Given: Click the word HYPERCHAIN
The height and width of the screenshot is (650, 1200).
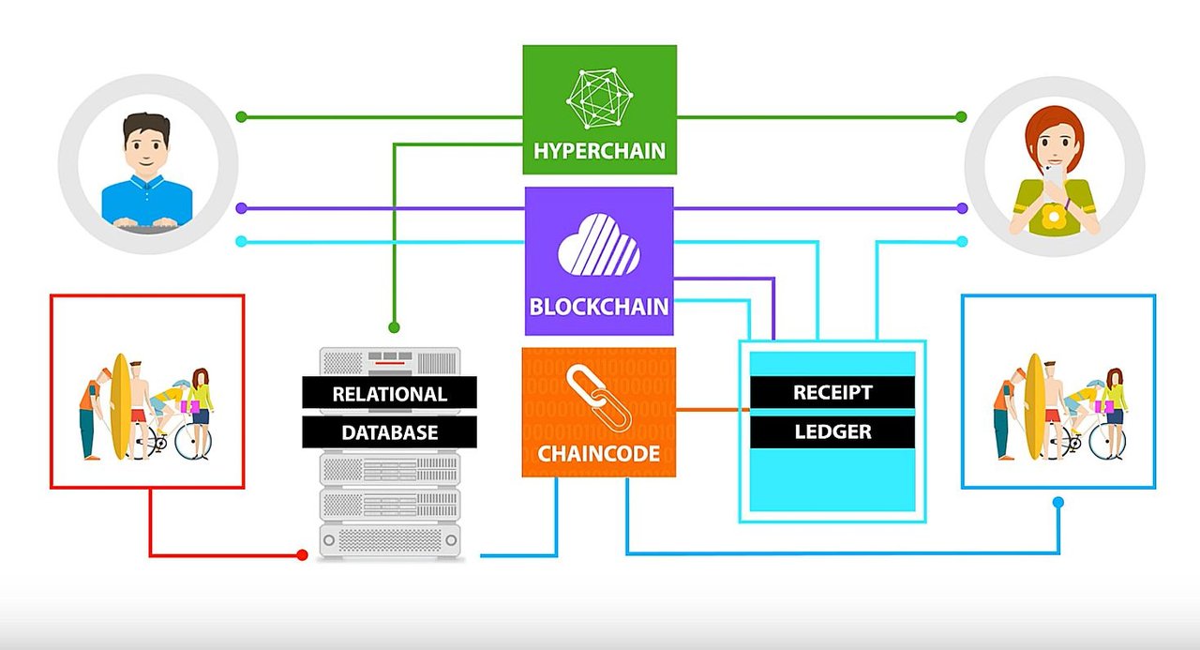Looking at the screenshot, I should click(x=600, y=151).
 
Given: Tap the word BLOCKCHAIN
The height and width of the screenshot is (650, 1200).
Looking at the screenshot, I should click(x=599, y=307).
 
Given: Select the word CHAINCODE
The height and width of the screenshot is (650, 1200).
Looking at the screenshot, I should click(x=598, y=454).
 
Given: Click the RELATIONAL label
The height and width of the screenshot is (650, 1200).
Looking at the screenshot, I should click(x=390, y=394).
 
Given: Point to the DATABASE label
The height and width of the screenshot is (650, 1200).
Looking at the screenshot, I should click(x=390, y=433).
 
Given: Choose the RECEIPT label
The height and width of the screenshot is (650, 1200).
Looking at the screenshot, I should click(x=832, y=392).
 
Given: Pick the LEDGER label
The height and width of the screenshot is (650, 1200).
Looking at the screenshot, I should click(x=832, y=431).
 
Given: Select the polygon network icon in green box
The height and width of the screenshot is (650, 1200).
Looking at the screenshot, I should click(x=600, y=98).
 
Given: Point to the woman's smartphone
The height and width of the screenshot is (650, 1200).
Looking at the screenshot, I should click(x=1055, y=178).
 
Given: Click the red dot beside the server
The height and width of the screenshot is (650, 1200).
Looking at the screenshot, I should click(x=302, y=555).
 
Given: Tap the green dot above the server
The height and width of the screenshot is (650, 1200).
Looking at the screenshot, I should click(x=394, y=327).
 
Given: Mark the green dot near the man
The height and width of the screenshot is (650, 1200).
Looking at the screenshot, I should click(x=241, y=117).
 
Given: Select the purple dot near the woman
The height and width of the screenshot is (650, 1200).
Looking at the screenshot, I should click(x=962, y=207).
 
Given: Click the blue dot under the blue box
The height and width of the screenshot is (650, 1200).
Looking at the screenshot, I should click(x=1058, y=503).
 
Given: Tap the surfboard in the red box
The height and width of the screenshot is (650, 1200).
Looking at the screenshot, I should click(x=119, y=406).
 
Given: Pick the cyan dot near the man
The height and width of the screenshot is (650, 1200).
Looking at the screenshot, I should click(x=241, y=242).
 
